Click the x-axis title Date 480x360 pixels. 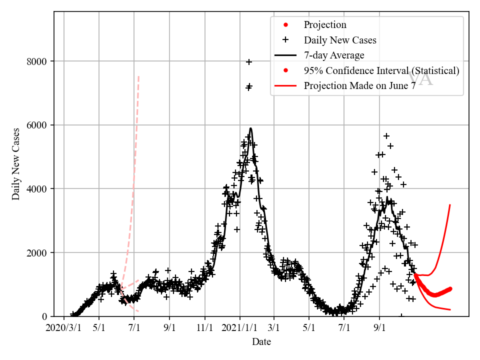click(261, 342)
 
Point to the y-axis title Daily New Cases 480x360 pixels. click(16, 164)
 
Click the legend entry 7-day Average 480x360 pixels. click(334, 55)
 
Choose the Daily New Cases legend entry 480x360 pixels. click(340, 40)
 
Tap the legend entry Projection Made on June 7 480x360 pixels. click(360, 85)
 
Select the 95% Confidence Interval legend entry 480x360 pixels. click(381, 70)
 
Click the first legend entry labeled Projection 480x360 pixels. click(325, 25)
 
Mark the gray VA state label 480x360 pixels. click(420, 79)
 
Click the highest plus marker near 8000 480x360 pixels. click(249, 62)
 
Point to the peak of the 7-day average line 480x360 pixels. click(250, 128)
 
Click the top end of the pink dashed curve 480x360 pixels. click(138, 76)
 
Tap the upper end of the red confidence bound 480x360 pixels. click(450, 204)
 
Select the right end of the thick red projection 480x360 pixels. click(450, 288)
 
